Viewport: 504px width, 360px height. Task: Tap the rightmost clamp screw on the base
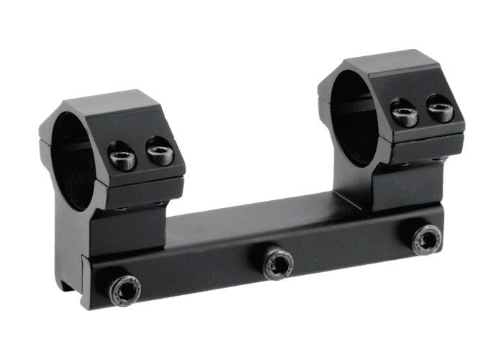[426, 238]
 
